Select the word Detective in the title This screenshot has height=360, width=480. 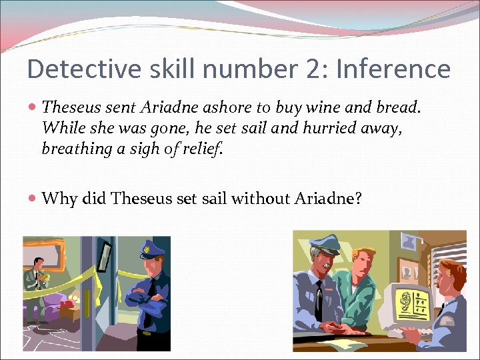pyautogui.click(x=77, y=69)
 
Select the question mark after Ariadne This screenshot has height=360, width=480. pyautogui.click(x=357, y=198)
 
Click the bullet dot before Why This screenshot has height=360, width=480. pyautogui.click(x=33, y=199)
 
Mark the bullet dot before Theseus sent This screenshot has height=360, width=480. pyautogui.click(x=33, y=107)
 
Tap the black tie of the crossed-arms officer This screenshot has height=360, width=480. pyautogui.click(x=151, y=293)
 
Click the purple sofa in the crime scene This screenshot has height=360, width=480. pyautogui.click(x=47, y=307)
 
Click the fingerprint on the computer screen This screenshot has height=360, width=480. pyautogui.click(x=404, y=299)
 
